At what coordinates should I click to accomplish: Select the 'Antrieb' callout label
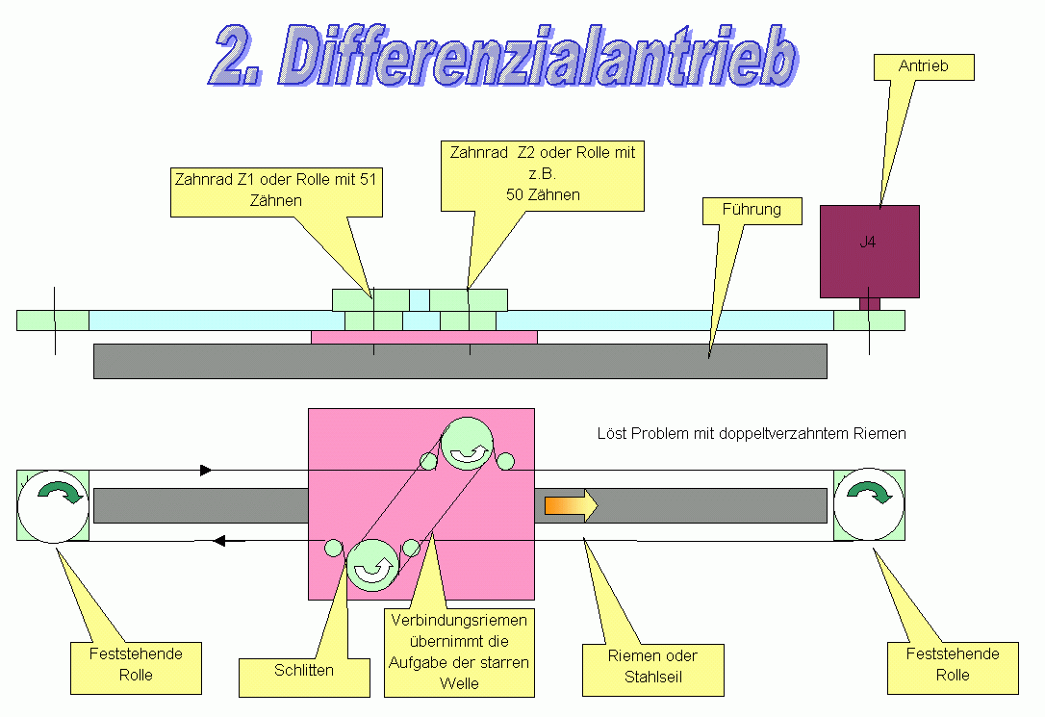click(924, 66)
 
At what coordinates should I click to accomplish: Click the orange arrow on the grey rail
click(571, 505)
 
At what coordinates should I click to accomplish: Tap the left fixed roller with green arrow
click(54, 504)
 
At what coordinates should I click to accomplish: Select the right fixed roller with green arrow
click(869, 504)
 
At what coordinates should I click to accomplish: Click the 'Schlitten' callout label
click(303, 670)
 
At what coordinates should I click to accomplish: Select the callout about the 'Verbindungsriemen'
click(459, 652)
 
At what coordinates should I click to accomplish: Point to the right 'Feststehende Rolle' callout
click(953, 665)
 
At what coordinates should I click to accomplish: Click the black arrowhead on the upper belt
click(205, 470)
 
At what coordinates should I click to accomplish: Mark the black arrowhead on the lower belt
click(220, 541)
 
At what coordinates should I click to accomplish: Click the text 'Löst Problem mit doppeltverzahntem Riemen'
click(752, 434)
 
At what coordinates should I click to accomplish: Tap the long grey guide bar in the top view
click(460, 362)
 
